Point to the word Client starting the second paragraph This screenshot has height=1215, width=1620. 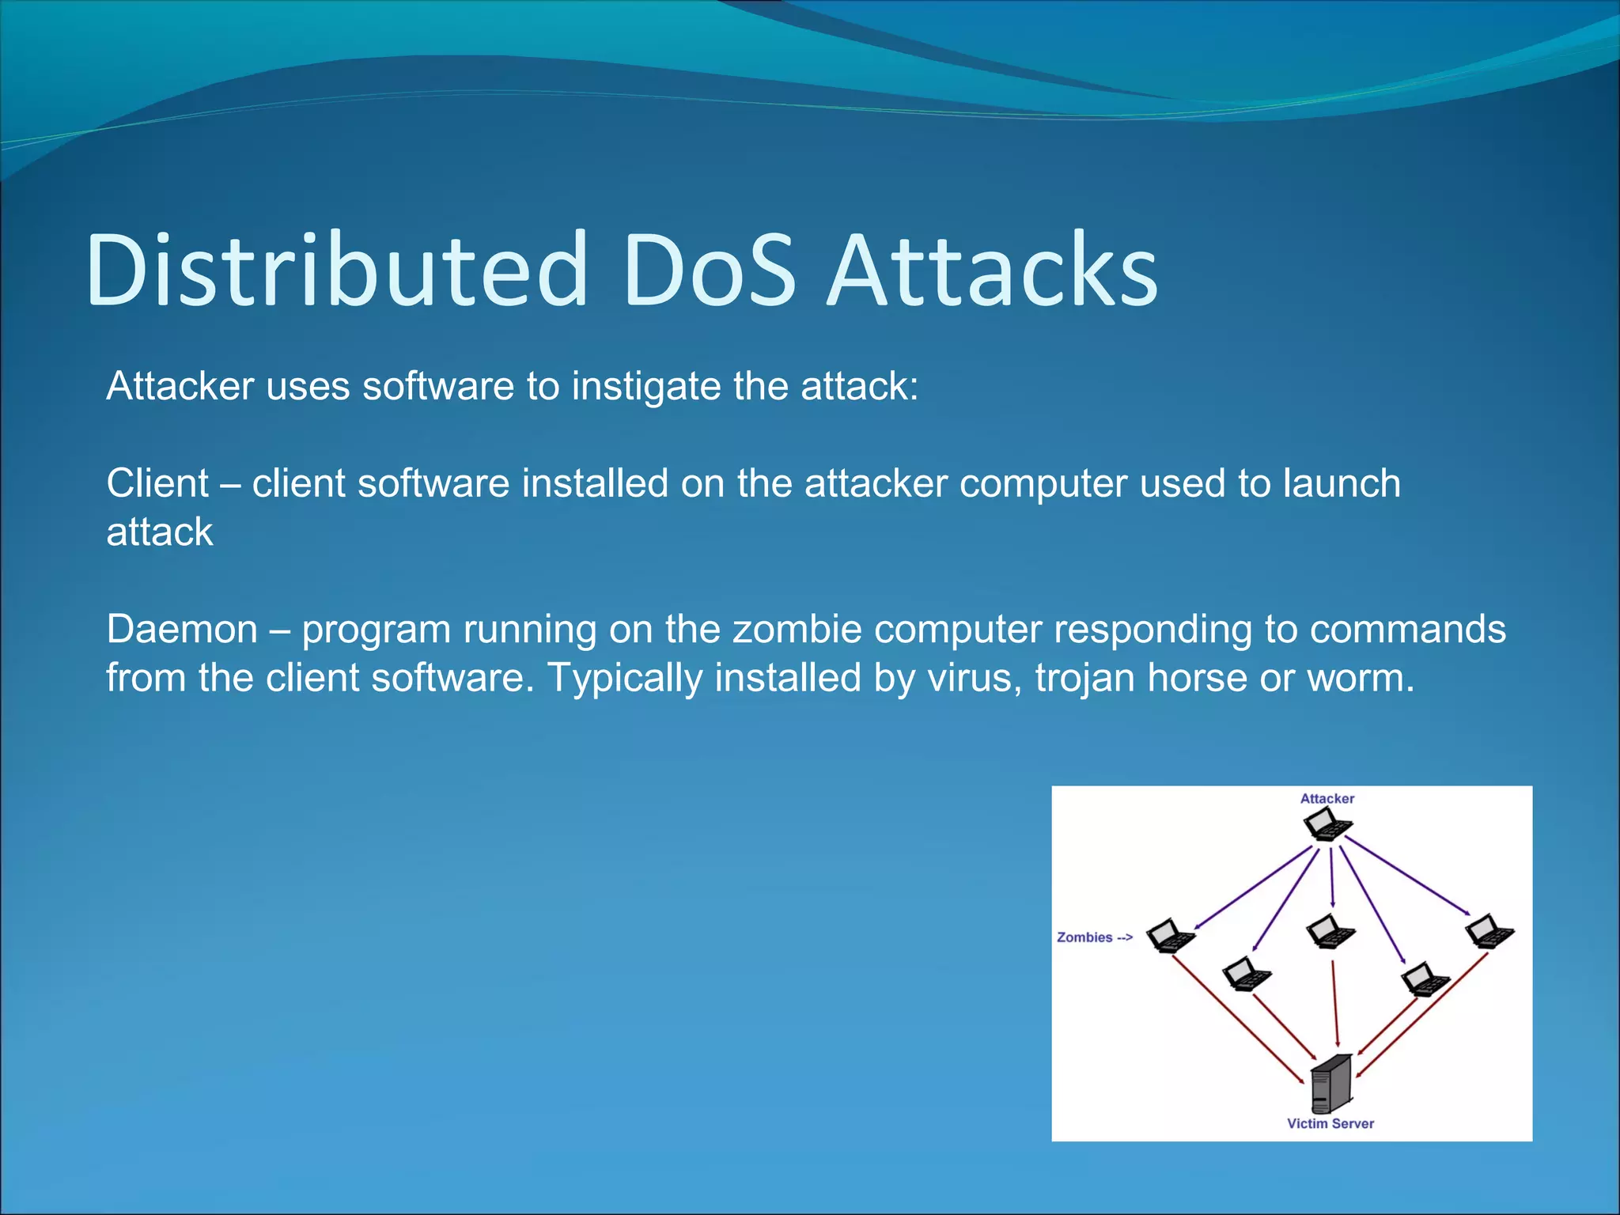[157, 483]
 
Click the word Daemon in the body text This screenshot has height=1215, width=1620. [182, 630]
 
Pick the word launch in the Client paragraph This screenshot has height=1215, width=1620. [1342, 483]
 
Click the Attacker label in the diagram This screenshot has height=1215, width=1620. [1327, 799]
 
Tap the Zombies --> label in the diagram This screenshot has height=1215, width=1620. [1095, 937]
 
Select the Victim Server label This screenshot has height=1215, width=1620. [1330, 1123]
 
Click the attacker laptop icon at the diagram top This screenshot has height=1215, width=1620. [1327, 824]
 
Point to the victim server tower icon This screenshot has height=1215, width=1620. [1330, 1084]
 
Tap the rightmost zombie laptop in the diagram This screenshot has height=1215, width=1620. [1489, 931]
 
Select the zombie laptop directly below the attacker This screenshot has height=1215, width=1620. [1330, 931]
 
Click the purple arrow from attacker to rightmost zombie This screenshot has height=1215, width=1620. [1408, 876]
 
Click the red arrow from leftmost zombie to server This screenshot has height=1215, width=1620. [1238, 1020]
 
